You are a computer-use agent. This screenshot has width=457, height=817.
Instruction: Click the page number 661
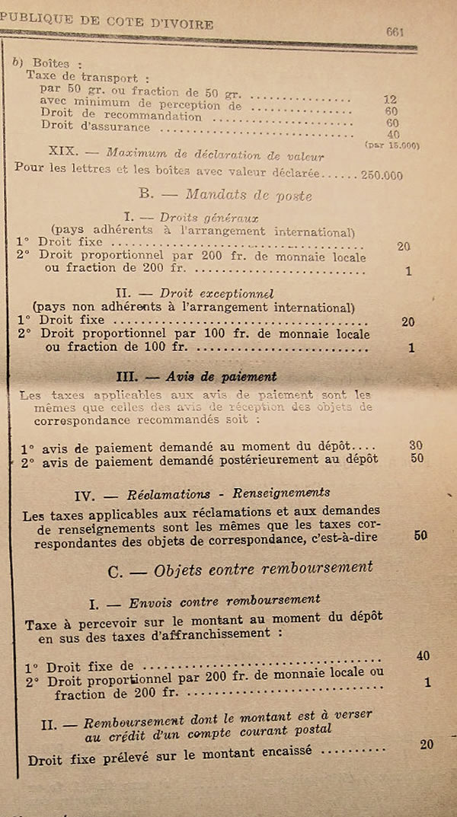coord(395,32)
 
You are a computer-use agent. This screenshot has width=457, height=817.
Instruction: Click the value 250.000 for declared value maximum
coord(382,174)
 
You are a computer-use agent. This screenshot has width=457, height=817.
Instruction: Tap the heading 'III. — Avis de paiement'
coord(196,376)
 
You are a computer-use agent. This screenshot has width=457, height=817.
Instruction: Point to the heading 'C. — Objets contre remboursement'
coord(241,568)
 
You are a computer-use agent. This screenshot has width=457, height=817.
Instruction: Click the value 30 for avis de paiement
coord(415,445)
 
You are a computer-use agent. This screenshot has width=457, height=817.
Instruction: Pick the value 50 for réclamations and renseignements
coord(420,535)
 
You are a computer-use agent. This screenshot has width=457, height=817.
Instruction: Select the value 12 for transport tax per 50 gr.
coord(391,99)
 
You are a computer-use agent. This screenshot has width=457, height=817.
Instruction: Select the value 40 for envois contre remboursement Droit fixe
coord(423,656)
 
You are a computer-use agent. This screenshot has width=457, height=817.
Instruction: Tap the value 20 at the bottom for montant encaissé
coord(427,745)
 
